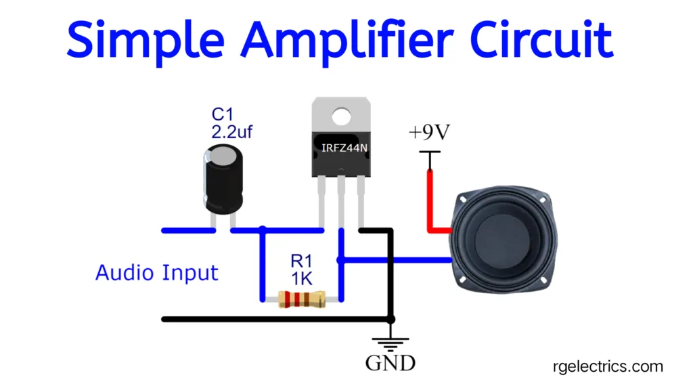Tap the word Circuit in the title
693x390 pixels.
(542, 39)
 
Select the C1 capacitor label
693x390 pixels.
(222, 113)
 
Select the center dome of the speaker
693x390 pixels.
(504, 240)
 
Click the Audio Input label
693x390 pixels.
(157, 273)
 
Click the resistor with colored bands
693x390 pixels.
(302, 299)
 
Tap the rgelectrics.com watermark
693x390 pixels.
(605, 366)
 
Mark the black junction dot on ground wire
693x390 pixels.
(390, 318)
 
